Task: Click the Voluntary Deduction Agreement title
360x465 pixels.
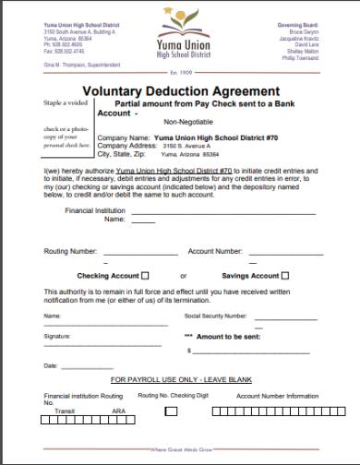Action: pyautogui.click(x=180, y=91)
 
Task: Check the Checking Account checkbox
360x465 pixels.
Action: pyautogui.click(x=147, y=275)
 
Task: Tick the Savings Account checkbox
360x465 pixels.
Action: pyautogui.click(x=284, y=275)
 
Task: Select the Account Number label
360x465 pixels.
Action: pyautogui.click(x=215, y=251)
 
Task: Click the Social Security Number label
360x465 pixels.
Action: pyautogui.click(x=210, y=316)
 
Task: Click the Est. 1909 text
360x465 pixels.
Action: pyautogui.click(x=180, y=72)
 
